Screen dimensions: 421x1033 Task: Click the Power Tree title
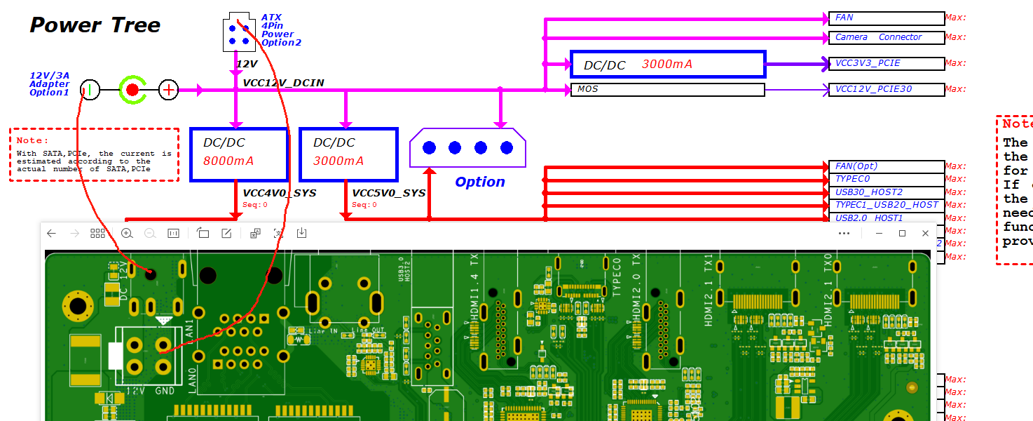pos(95,25)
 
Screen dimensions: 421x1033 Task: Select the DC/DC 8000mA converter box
pos(239,154)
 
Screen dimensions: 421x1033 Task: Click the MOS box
pos(667,90)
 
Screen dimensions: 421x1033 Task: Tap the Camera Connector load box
pos(887,37)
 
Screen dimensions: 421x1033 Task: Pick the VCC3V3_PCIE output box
pos(887,64)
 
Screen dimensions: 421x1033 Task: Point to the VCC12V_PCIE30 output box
pos(887,90)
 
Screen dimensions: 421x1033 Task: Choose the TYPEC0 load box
pos(887,180)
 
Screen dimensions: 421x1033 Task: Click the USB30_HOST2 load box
pos(887,192)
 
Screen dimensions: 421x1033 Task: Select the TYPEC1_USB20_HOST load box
pos(887,205)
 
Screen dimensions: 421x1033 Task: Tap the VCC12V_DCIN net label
pos(283,83)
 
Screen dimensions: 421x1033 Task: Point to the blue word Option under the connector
pos(480,182)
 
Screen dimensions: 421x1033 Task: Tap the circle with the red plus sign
pos(169,90)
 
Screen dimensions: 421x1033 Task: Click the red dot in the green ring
pos(132,90)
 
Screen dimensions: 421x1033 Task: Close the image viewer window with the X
pos(925,233)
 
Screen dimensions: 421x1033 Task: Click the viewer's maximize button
pos(902,233)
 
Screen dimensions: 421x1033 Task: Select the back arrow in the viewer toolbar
pos(51,233)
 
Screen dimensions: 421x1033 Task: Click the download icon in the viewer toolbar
pos(301,233)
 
